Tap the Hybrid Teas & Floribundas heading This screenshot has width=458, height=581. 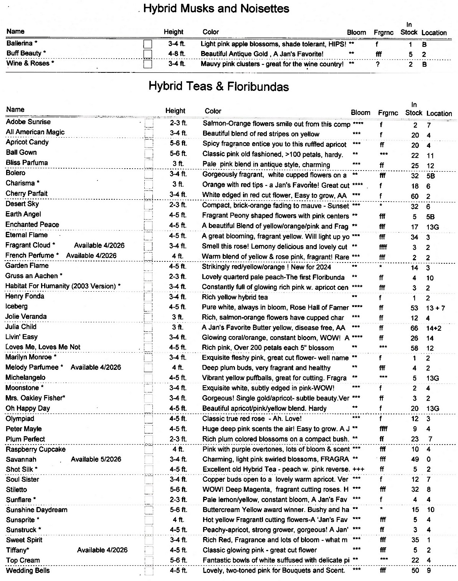point(218,87)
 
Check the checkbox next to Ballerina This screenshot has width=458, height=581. point(147,44)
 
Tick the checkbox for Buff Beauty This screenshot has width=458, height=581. point(147,54)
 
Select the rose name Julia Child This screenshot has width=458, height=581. point(21,327)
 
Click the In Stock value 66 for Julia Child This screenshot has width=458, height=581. point(414,328)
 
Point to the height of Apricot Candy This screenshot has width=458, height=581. point(178,143)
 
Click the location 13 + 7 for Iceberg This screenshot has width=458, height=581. point(435,307)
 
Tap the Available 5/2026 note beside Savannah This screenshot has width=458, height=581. point(96,459)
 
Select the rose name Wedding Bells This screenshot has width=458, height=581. point(28,570)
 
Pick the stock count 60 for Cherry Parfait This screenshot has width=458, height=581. point(415,196)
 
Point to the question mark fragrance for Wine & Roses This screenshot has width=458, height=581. point(378,64)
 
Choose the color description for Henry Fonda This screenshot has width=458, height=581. point(235,297)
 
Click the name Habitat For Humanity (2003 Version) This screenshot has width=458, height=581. point(63,286)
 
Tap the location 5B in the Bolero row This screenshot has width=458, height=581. point(430,176)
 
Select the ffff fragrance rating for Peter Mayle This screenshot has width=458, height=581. point(383,429)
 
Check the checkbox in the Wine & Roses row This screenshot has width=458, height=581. point(147,64)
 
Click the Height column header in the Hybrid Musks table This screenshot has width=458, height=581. point(174,32)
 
